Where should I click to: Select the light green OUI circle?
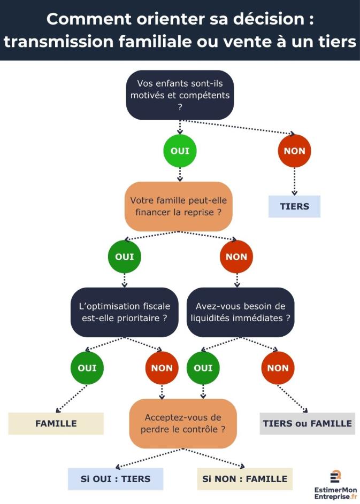[x=180, y=151]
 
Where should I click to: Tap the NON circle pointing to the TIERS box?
[x=294, y=151]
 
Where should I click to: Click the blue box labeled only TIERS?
[x=294, y=206]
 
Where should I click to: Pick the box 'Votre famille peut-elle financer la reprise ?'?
[x=180, y=206]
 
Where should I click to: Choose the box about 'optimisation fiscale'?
[x=124, y=312]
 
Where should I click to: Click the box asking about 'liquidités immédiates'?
[x=240, y=312]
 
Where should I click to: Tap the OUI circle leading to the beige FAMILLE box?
[x=87, y=368]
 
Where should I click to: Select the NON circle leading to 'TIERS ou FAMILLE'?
[x=278, y=368]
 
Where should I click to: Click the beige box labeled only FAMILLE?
[x=56, y=423]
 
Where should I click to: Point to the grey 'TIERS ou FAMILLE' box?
[x=307, y=423]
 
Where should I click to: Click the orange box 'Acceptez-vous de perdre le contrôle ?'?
[x=183, y=423]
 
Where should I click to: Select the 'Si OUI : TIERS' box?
[x=115, y=479]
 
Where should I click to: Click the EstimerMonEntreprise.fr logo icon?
[x=336, y=476]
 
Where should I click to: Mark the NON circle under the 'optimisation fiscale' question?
[x=162, y=368]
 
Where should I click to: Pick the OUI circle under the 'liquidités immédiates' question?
[x=203, y=368]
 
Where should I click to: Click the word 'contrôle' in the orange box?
[x=201, y=429]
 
